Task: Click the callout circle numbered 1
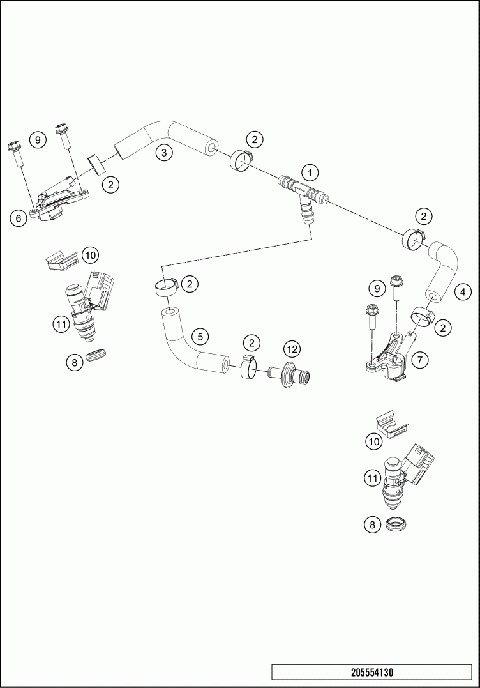click(310, 172)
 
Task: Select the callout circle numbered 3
click(164, 153)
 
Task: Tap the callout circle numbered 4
click(463, 291)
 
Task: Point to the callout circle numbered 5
click(200, 337)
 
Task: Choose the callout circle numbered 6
click(19, 218)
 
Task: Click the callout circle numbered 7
click(420, 360)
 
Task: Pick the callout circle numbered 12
click(292, 349)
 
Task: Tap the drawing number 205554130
click(371, 672)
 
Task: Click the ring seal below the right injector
click(396, 523)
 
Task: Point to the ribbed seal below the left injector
click(98, 355)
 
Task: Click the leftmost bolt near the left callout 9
click(16, 153)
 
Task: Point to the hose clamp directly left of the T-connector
click(241, 161)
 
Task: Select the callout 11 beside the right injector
click(373, 478)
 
